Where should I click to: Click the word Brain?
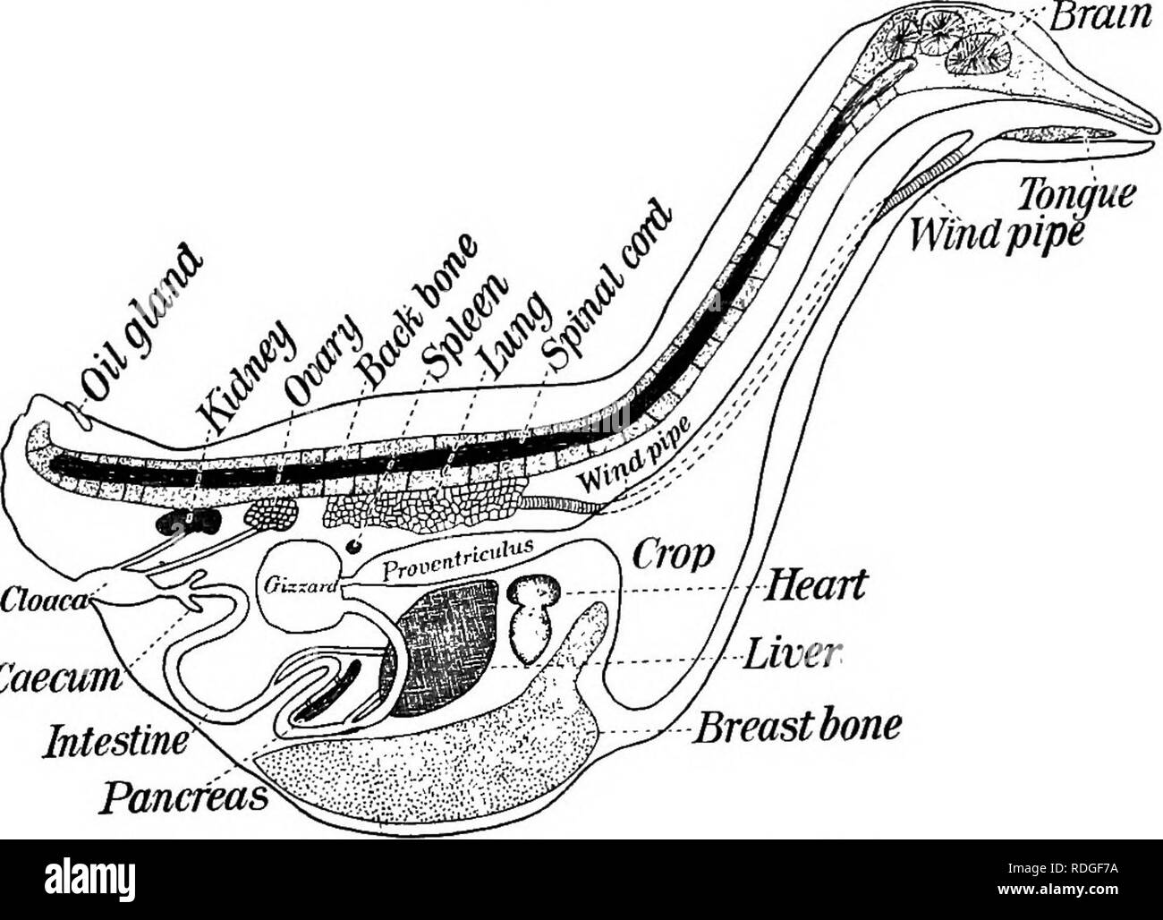(x=1110, y=15)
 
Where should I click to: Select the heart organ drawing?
(x=533, y=618)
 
